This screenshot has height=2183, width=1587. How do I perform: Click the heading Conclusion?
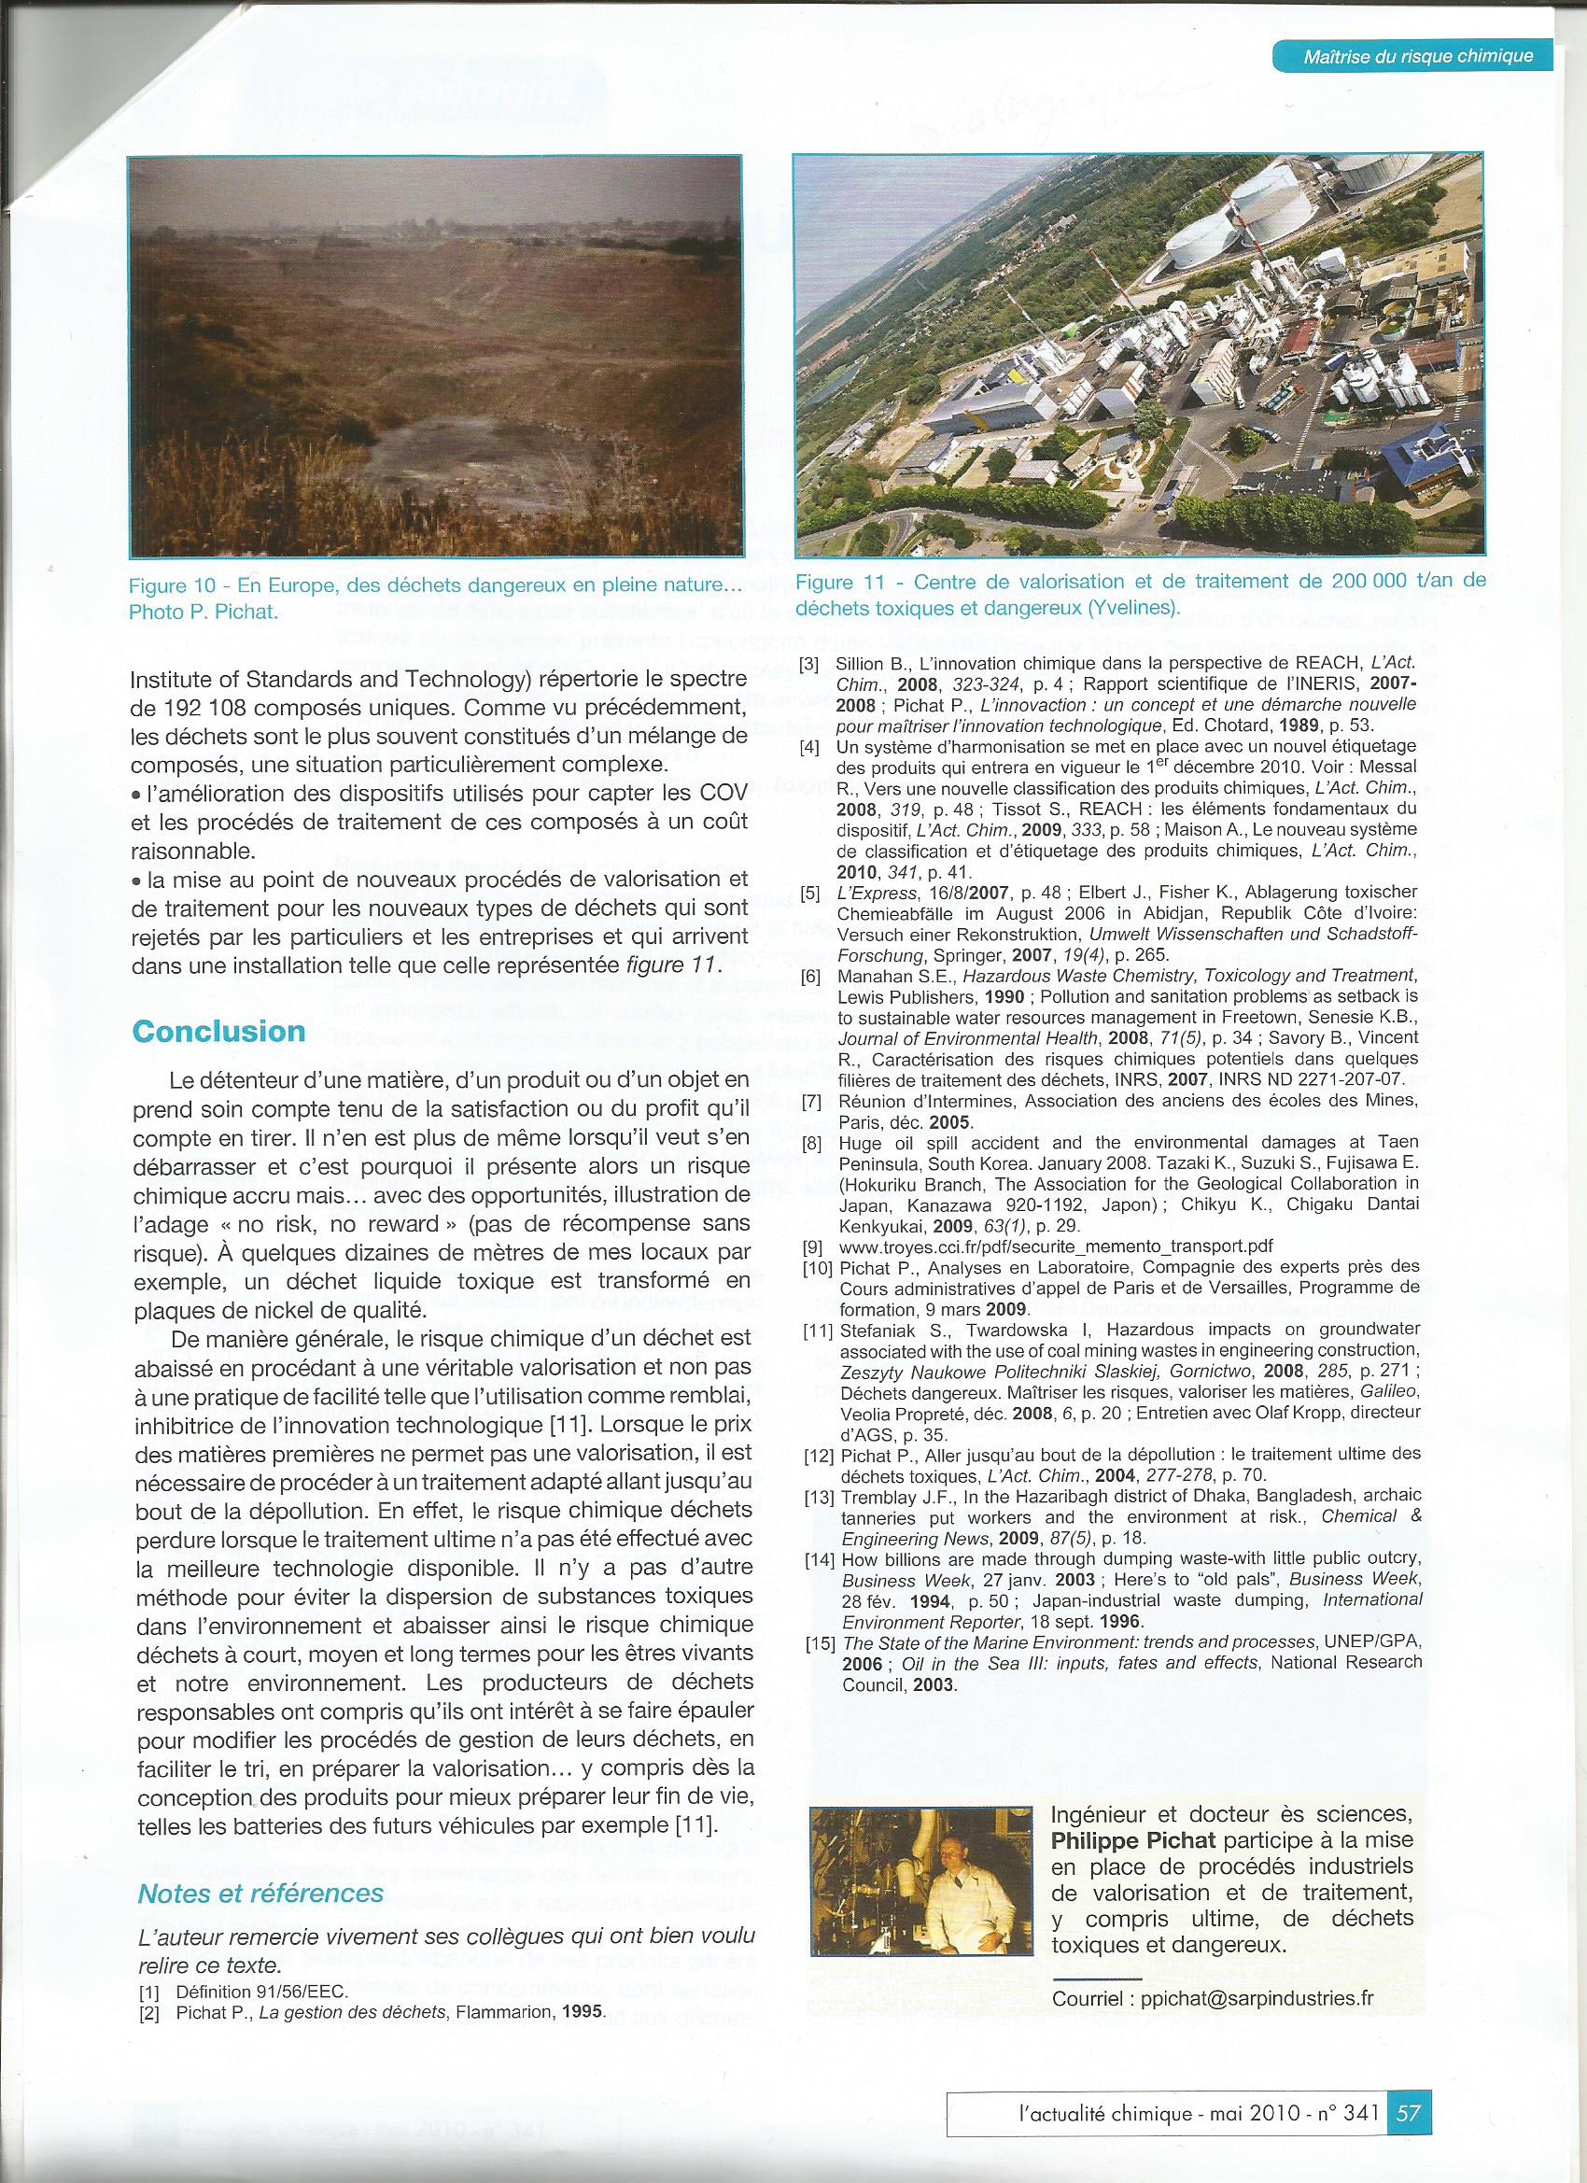pos(218,1032)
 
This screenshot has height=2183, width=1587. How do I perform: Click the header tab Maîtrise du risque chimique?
pos(1417,57)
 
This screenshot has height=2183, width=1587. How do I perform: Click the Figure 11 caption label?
pos(845,583)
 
